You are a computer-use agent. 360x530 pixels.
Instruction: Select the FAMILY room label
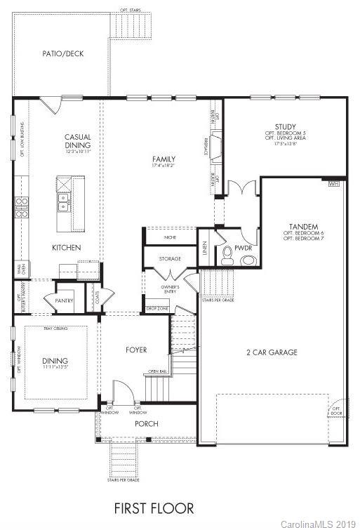(x=164, y=159)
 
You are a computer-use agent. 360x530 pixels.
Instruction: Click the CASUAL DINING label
(x=78, y=141)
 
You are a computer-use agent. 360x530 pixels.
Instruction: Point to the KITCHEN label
(x=67, y=248)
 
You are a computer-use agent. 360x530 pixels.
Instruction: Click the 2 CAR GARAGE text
(x=272, y=352)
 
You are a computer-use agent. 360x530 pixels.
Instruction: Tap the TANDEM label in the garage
(x=304, y=227)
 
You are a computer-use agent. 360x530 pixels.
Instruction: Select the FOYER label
(x=136, y=350)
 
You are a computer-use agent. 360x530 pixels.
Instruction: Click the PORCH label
(x=147, y=423)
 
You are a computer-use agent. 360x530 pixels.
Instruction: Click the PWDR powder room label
(x=244, y=248)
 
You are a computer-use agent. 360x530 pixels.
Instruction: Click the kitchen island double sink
(x=64, y=202)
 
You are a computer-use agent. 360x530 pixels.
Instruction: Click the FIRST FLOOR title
(x=154, y=508)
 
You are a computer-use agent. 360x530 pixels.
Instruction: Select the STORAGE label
(x=169, y=259)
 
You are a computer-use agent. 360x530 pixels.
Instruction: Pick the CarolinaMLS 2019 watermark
(x=319, y=524)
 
